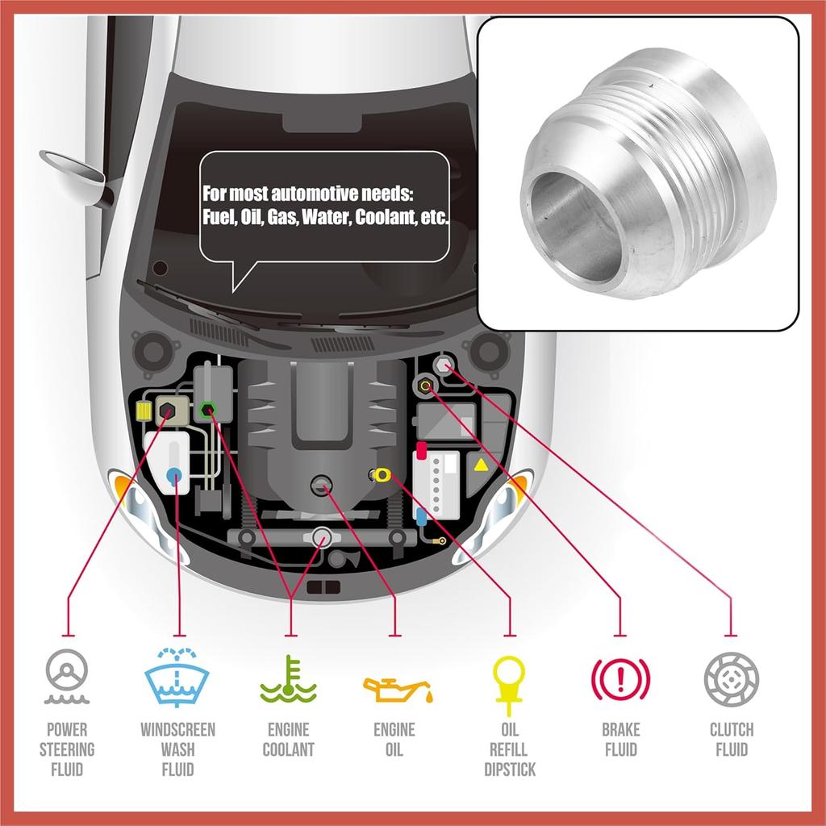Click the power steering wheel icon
click(x=67, y=676)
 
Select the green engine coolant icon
click(x=288, y=679)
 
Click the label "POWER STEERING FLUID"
click(x=67, y=749)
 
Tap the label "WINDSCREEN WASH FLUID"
click(x=177, y=749)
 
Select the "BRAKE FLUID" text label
click(x=620, y=740)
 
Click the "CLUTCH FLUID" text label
click(x=731, y=740)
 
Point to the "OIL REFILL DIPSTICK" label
click(x=509, y=749)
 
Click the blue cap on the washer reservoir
click(x=173, y=476)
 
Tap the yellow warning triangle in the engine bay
click(x=480, y=465)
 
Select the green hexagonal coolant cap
click(x=207, y=410)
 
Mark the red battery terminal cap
click(x=421, y=449)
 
